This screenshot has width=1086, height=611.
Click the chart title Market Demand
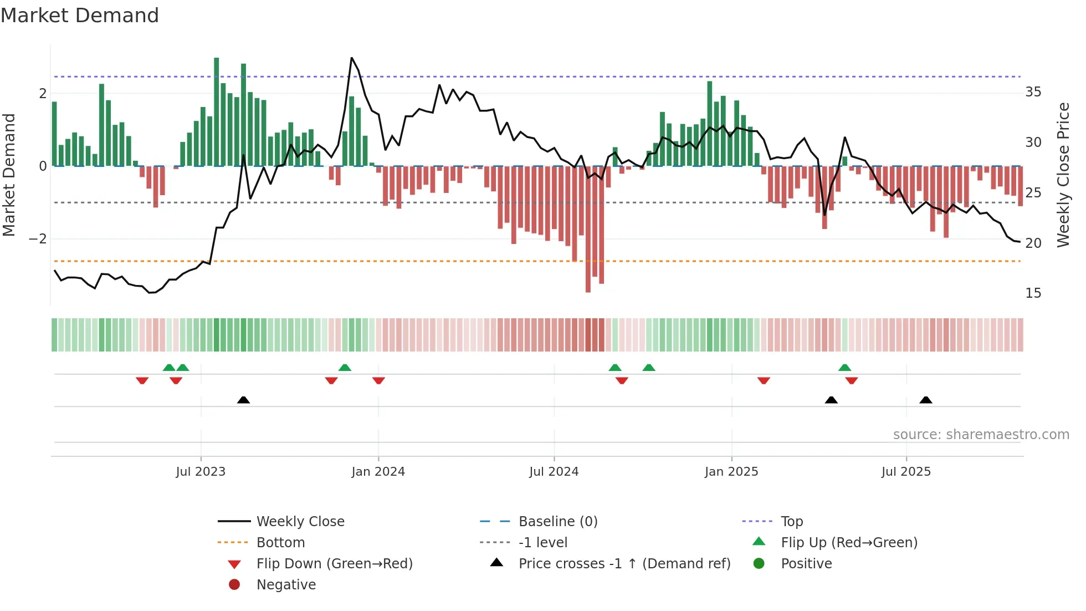pyautogui.click(x=80, y=16)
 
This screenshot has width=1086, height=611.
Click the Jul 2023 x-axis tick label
pyautogui.click(x=201, y=472)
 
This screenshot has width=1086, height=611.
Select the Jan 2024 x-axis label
pyautogui.click(x=378, y=472)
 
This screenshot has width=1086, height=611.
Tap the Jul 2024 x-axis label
pyautogui.click(x=554, y=472)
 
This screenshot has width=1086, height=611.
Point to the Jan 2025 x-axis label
pyautogui.click(x=731, y=472)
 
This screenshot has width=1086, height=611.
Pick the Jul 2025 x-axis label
pyautogui.click(x=906, y=472)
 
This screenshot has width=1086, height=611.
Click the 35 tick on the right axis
pyautogui.click(x=1033, y=92)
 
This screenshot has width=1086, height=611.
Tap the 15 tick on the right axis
pyautogui.click(x=1033, y=293)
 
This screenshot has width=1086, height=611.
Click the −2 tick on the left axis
pyautogui.click(x=38, y=239)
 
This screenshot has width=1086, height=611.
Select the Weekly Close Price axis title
pyautogui.click(x=1063, y=175)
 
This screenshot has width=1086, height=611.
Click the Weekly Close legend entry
pyautogui.click(x=300, y=522)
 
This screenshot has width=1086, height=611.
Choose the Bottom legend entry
pyautogui.click(x=280, y=543)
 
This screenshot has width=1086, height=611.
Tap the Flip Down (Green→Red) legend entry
pyautogui.click(x=334, y=564)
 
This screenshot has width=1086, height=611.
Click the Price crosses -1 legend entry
pyautogui.click(x=624, y=564)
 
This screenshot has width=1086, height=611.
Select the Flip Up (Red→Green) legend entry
pyautogui.click(x=849, y=543)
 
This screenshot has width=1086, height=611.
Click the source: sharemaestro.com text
pyautogui.click(x=981, y=435)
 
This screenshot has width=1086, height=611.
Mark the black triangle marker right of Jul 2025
pyautogui.click(x=925, y=400)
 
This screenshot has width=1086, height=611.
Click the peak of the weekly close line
pyautogui.click(x=351, y=58)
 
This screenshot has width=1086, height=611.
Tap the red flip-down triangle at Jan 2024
pyautogui.click(x=378, y=380)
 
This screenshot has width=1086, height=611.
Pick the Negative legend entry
pyautogui.click(x=286, y=585)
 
